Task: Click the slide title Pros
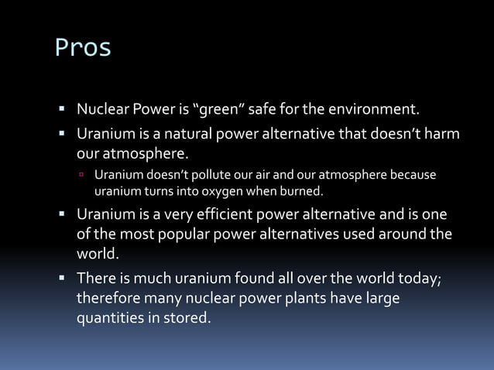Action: (83, 48)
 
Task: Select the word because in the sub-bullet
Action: (413, 174)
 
